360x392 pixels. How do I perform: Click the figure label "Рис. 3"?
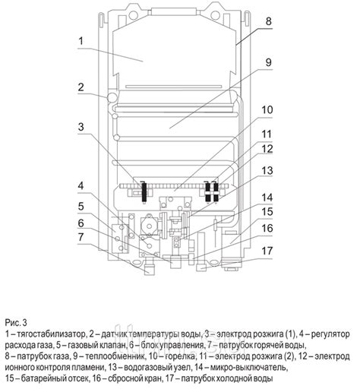pyautogui.click(x=16, y=321)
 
